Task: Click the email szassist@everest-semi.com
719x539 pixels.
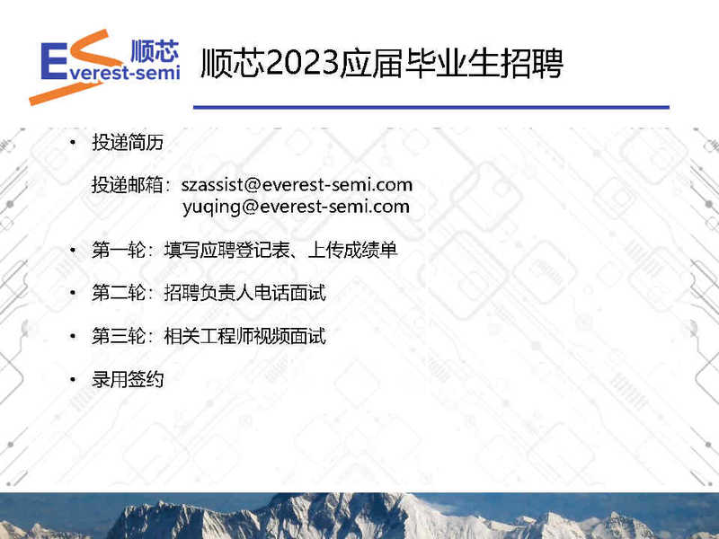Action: [x=297, y=185]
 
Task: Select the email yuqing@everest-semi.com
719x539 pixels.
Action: [x=296, y=207]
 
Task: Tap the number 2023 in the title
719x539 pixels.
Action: [x=302, y=63]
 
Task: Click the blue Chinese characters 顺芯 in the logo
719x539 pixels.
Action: [x=155, y=51]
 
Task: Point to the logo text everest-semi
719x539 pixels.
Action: [x=124, y=73]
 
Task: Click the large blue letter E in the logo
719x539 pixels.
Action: [x=54, y=61]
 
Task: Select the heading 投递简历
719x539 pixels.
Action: [x=128, y=142]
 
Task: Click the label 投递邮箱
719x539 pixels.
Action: [x=128, y=185]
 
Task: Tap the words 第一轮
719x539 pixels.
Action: [x=119, y=251]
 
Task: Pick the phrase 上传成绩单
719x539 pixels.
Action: [x=352, y=251]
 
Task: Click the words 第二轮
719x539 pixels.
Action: [x=119, y=293]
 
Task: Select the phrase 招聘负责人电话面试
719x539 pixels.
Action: [x=244, y=293]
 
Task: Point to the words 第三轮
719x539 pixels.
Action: [x=119, y=336]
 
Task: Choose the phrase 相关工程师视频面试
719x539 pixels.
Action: [x=244, y=336]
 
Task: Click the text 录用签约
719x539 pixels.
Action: [x=128, y=379]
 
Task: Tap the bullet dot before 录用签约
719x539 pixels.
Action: [x=73, y=379]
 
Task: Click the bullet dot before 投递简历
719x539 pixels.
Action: [x=73, y=143]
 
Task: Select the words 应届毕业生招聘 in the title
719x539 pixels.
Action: [x=451, y=63]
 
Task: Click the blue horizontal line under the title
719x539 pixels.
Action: [x=431, y=107]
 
